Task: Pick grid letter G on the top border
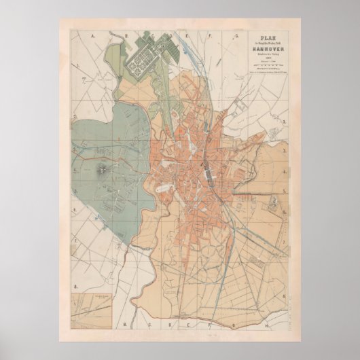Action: pos(236,33)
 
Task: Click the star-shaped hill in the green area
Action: pos(102,168)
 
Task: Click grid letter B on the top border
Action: pos(124,33)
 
